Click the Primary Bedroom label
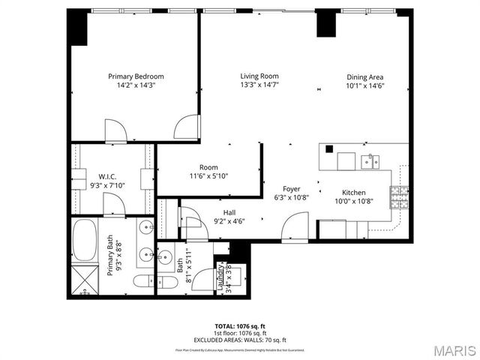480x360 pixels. coord(136,76)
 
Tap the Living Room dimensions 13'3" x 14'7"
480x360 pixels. coord(259,85)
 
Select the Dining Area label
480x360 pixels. coord(365,76)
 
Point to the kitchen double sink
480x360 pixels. coord(368,160)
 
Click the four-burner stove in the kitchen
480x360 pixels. coord(397,197)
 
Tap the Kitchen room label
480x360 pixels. coord(353,192)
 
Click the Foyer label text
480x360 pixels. coord(292,189)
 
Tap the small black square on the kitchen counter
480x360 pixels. coord(328,148)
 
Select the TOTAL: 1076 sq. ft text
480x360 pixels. coord(240,326)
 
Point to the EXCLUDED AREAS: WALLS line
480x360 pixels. coord(240,340)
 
